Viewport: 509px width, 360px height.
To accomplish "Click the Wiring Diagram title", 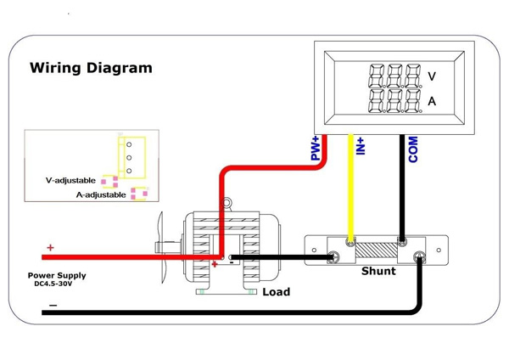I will click(91, 67).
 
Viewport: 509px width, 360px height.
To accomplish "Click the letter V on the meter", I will click(432, 76).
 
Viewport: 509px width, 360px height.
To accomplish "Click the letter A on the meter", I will click(432, 101).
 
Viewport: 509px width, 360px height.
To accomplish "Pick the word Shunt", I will click(378, 272).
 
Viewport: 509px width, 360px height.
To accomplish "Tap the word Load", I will click(276, 292).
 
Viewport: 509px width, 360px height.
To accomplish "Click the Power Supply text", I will click(57, 276).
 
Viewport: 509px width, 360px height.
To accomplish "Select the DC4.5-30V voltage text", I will click(57, 284).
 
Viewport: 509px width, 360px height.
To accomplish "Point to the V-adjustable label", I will click(72, 181).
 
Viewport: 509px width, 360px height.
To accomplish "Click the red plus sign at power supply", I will click(50, 248).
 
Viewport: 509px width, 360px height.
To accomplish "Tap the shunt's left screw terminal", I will click(337, 256).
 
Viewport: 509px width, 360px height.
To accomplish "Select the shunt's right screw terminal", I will click(417, 256).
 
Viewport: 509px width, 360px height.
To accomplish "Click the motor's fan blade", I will click(165, 246).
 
